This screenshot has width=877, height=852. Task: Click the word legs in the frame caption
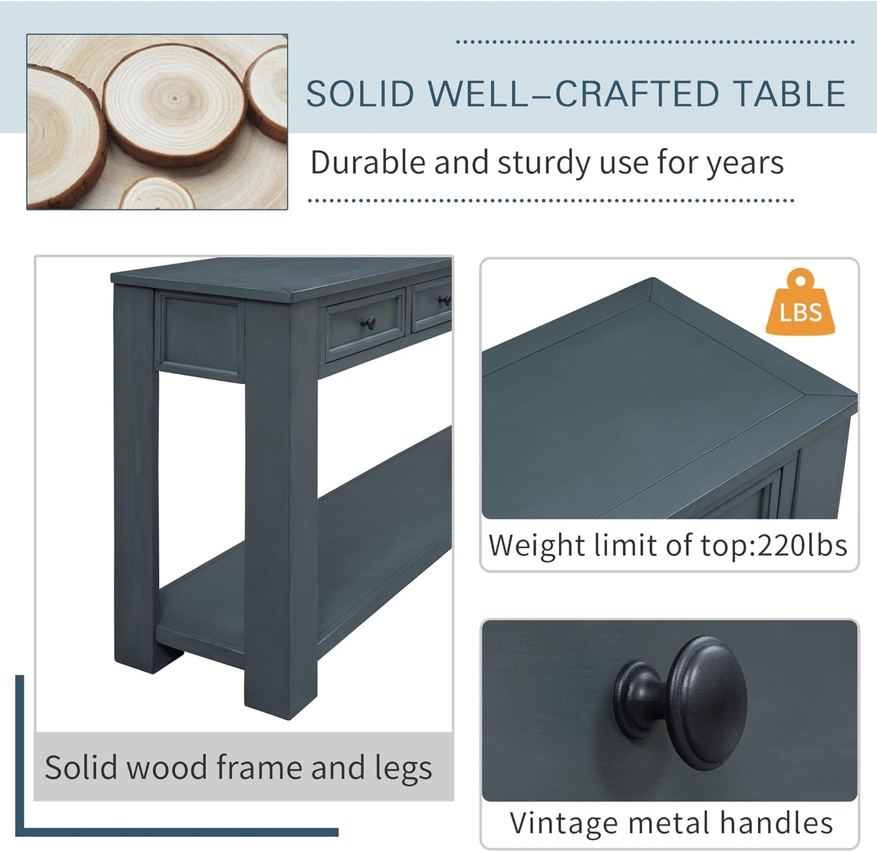403,768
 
